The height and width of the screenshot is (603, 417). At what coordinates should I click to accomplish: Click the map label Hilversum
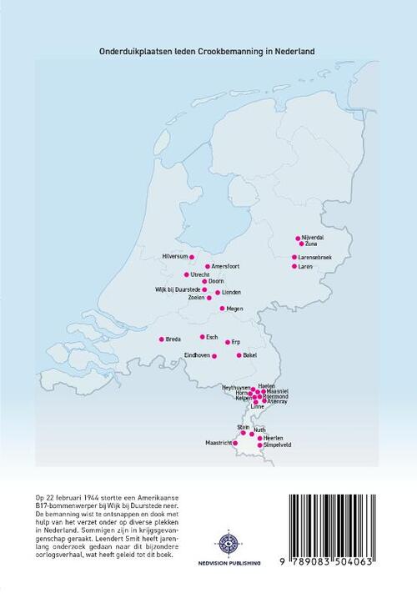pyautogui.click(x=177, y=256)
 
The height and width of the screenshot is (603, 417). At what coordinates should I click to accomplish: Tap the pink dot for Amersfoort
pyautogui.click(x=208, y=267)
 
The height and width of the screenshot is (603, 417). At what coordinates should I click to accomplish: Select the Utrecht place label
pyautogui.click(x=200, y=274)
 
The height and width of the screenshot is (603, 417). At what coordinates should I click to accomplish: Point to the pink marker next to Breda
pyautogui.click(x=162, y=339)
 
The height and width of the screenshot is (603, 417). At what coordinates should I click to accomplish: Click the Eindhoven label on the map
pyautogui.click(x=198, y=355)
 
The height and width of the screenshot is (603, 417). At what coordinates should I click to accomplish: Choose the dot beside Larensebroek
pyautogui.click(x=294, y=257)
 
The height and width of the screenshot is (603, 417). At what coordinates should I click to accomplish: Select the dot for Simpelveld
pyautogui.click(x=260, y=445)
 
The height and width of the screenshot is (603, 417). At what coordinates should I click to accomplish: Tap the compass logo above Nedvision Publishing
pyautogui.click(x=227, y=543)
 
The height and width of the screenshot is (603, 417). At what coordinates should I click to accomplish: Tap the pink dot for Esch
pyautogui.click(x=202, y=337)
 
